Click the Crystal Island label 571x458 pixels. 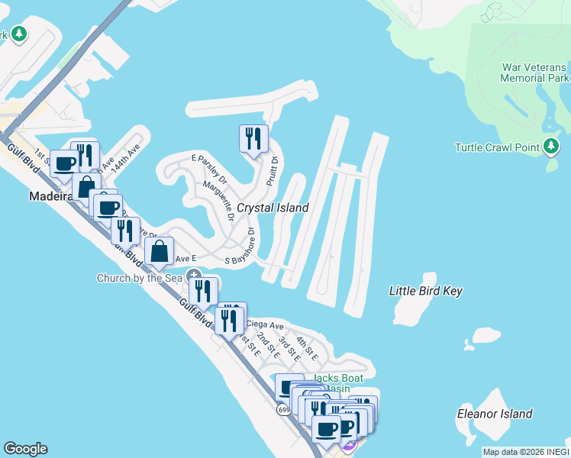pos(273,208)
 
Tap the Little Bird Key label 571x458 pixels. pos(426,291)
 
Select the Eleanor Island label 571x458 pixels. pos(494,414)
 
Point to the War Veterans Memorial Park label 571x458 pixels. pos(535,73)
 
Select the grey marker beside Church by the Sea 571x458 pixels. pos(195,276)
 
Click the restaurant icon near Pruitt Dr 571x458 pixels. pos(253,138)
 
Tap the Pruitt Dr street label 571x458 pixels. pos(272,171)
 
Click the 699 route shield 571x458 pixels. pos(284,410)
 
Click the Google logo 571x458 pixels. pos(25,449)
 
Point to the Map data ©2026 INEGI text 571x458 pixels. pos(524,452)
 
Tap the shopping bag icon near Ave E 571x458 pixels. pos(159,250)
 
